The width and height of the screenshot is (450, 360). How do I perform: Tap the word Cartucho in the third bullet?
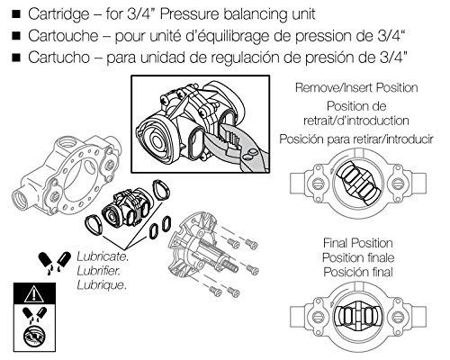pos(57,58)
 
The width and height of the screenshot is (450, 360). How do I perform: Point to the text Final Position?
pos(358,243)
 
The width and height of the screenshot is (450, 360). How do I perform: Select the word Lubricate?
pos(102,256)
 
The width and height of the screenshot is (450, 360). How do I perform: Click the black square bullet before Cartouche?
pos(12,37)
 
